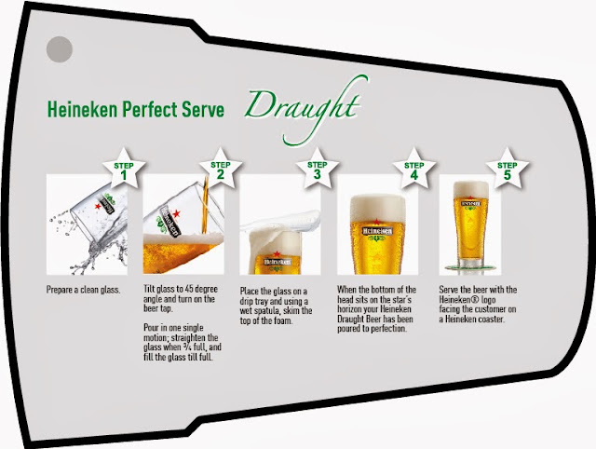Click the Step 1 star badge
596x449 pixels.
[124, 169]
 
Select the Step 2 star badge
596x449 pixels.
[221, 169]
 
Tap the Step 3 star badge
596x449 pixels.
[317, 169]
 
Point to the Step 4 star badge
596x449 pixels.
[413, 169]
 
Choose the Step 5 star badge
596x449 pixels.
[507, 169]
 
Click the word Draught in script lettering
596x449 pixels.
[302, 108]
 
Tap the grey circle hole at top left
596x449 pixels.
[60, 49]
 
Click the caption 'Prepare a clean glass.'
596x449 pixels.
[83, 290]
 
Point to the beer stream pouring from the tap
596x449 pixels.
[205, 205]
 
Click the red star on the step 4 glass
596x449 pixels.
[376, 222]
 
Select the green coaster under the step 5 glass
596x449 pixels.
[470, 268]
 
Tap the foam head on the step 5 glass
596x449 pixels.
[471, 190]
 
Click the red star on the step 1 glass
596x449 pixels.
[98, 206]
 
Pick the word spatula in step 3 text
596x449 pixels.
[268, 311]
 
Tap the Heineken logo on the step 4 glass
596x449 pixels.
[376, 232]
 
